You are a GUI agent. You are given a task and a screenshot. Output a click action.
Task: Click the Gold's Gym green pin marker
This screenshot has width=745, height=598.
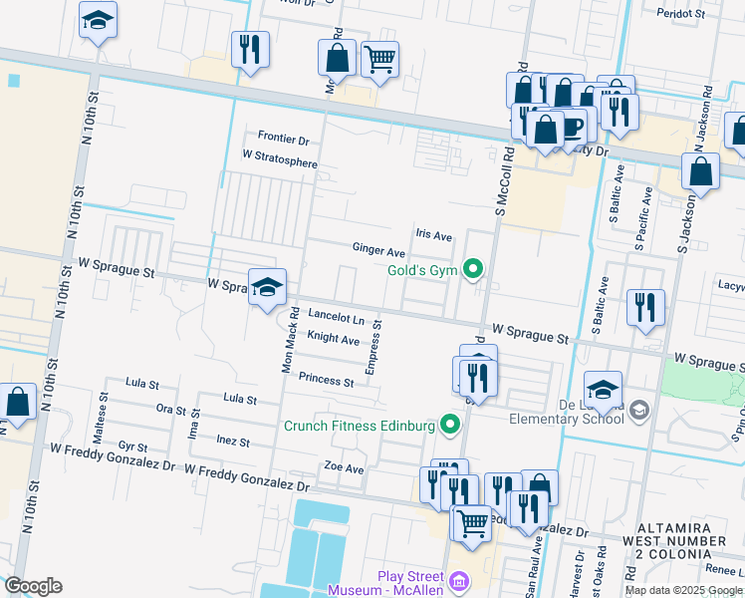coord(474,268)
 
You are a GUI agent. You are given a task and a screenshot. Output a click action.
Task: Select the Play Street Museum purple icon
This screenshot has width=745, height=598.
coord(458,581)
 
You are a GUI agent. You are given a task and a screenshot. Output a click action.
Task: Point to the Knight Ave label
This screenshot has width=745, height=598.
coord(333,340)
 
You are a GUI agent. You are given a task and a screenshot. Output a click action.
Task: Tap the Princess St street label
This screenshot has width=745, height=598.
coord(326,381)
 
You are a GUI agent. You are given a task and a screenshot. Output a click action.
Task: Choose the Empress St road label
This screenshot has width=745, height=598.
coord(372,348)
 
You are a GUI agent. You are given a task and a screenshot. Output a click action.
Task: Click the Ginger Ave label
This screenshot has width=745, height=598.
coord(378,249)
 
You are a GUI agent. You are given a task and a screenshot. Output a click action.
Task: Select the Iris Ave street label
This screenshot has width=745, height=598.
coord(434,236)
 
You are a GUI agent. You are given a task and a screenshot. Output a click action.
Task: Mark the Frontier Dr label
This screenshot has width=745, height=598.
coord(284,139)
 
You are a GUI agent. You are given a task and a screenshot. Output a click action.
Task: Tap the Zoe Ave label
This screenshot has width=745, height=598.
coord(345,466)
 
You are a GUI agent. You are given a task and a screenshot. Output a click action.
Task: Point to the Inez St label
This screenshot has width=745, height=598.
coord(232,440)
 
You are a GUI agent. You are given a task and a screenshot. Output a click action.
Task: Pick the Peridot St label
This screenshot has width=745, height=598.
coord(681,15)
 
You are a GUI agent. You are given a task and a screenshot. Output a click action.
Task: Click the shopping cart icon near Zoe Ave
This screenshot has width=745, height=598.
coord(472,521)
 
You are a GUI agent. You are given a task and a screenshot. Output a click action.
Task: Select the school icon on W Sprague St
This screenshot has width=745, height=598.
coord(266,288)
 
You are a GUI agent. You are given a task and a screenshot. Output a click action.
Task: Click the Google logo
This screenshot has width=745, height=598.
coord(34,585)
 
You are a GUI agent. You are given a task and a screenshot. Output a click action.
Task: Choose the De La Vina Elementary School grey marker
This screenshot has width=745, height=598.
coord(638,410)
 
